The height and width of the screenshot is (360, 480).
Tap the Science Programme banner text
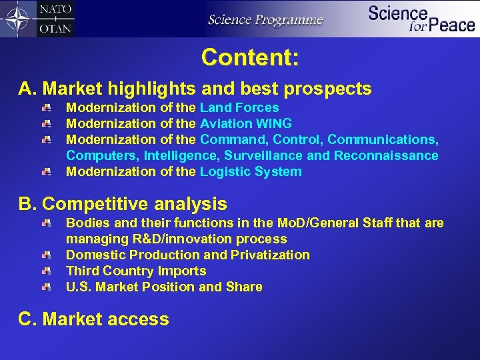point(265,19)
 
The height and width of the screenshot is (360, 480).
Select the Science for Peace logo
point(421,19)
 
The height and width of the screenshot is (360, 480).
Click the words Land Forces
point(239,107)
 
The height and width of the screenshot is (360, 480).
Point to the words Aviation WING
point(246,123)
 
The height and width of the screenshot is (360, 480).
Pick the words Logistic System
point(251,171)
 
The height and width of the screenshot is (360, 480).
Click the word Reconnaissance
point(386,155)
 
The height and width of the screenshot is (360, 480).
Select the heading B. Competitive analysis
point(123,204)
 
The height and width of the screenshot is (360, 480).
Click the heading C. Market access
point(94,319)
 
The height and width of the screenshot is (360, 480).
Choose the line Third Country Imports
point(136,271)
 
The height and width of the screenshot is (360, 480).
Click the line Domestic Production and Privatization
point(188,255)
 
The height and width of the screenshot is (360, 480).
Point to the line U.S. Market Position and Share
point(164,287)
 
